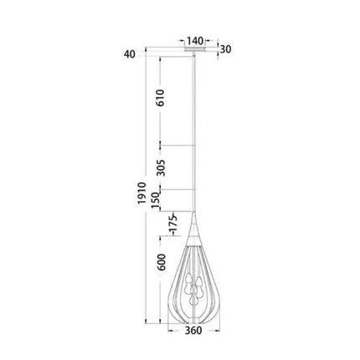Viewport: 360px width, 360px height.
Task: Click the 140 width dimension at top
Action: [x=194, y=39]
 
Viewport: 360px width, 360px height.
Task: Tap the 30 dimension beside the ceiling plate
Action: [x=224, y=49]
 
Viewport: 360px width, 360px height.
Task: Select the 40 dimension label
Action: [x=128, y=56]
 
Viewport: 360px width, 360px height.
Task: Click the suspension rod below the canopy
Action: [x=194, y=134]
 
